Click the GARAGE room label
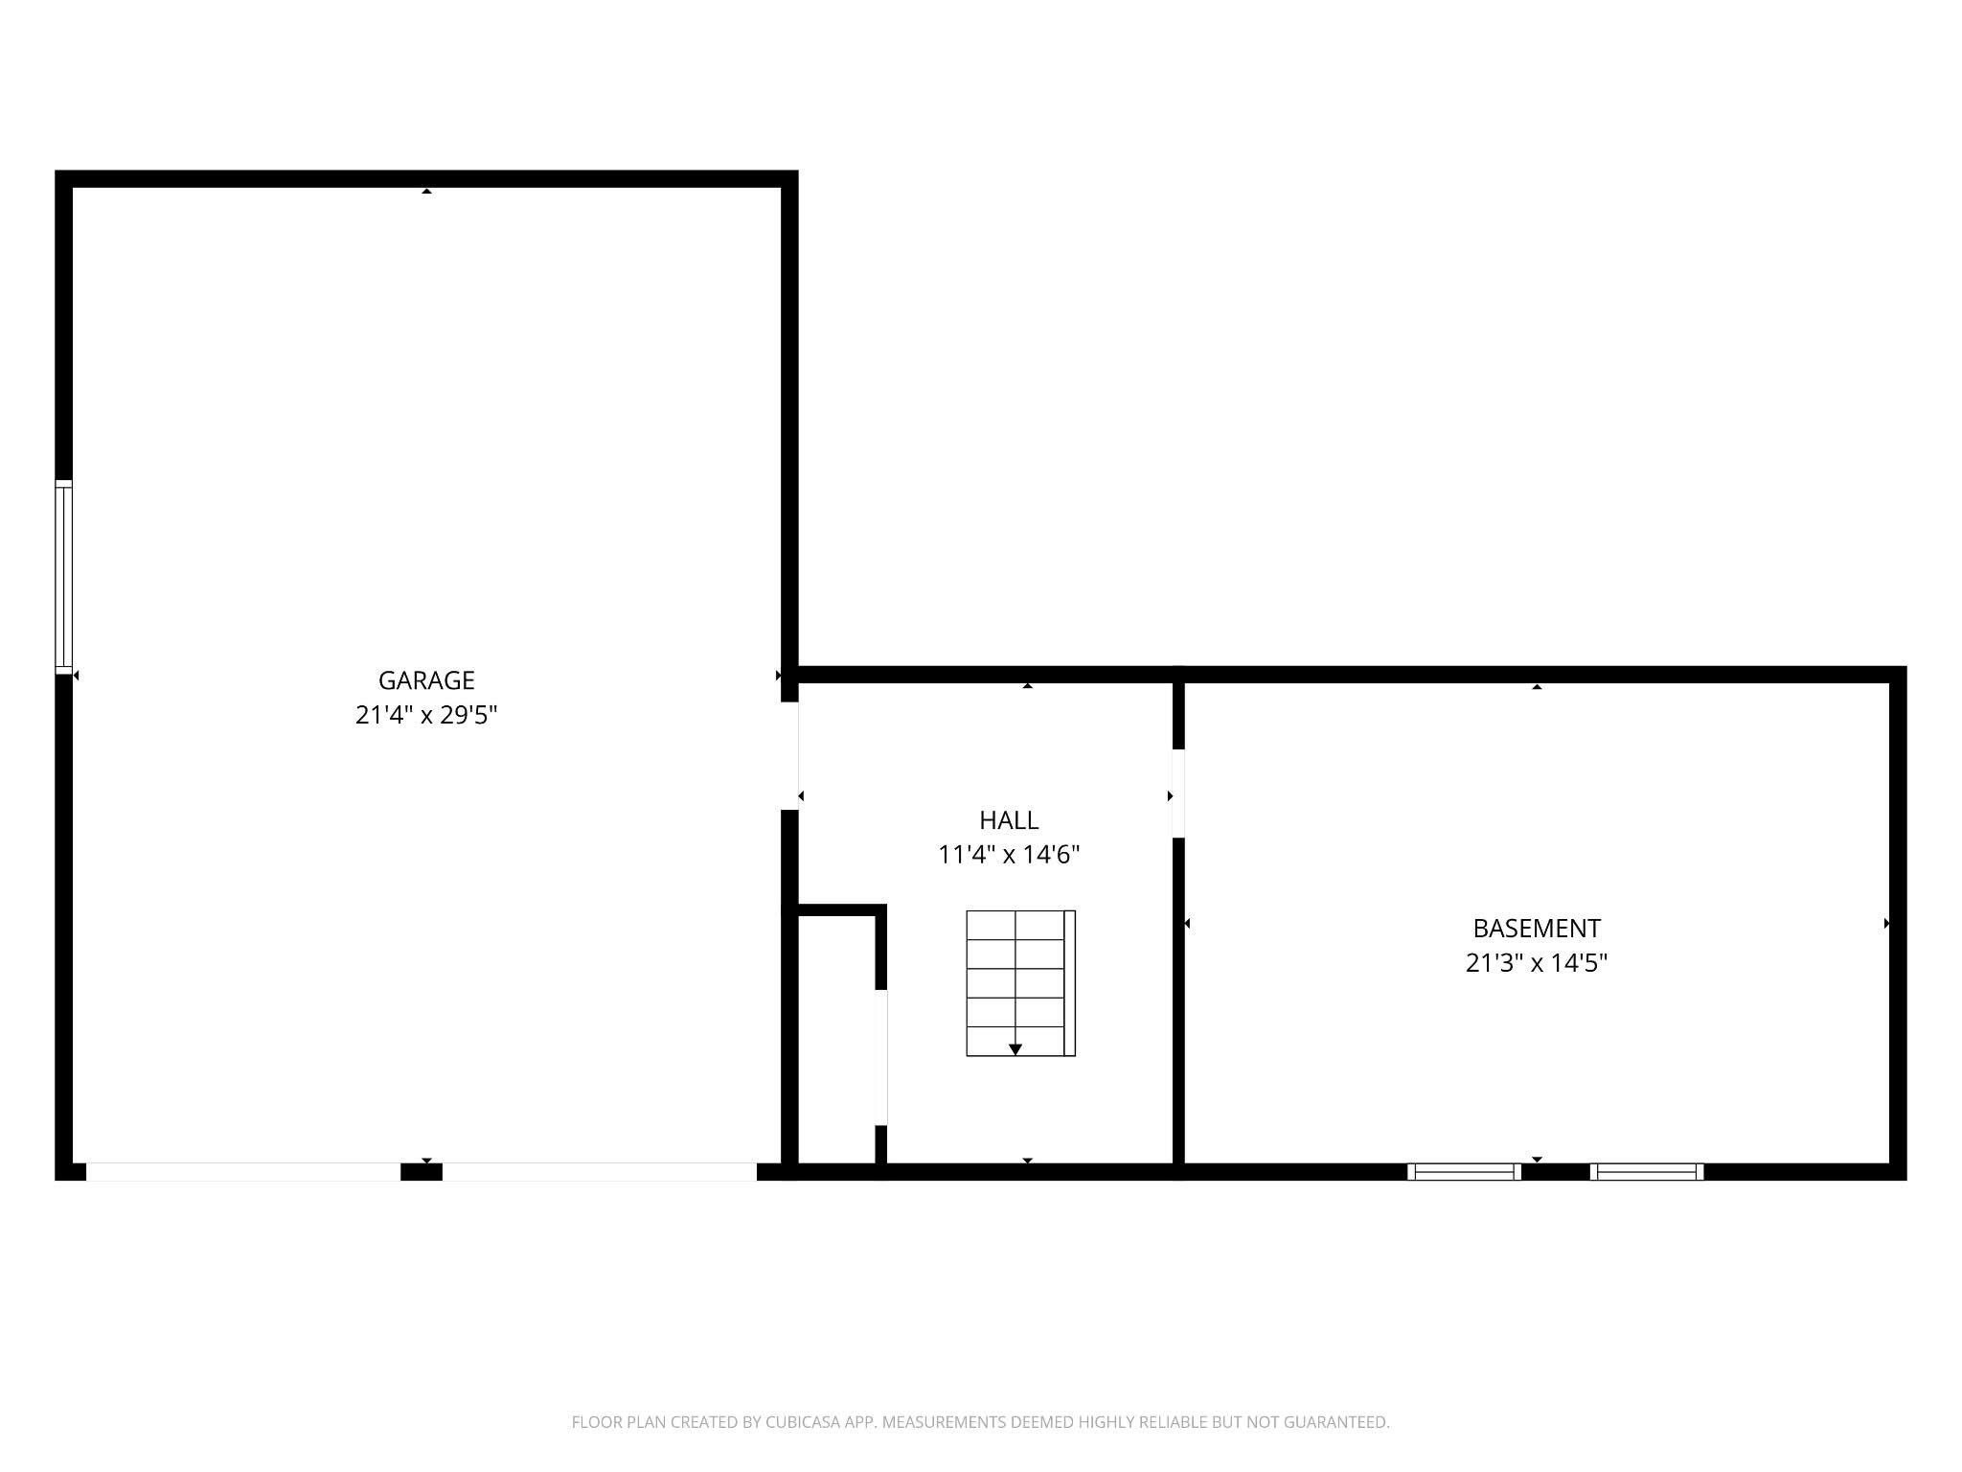(x=426, y=680)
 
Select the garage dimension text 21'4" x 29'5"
(x=426, y=715)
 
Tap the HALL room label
(x=1009, y=820)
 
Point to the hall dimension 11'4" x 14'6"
(x=1009, y=855)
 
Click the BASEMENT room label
(x=1536, y=929)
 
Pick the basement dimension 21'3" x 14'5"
(x=1536, y=963)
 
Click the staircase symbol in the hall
(x=1019, y=983)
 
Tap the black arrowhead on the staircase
(x=1015, y=1049)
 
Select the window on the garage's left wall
(x=63, y=577)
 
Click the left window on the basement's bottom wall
(x=1463, y=1171)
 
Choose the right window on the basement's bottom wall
(x=1646, y=1171)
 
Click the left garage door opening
(x=243, y=1171)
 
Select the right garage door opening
(x=599, y=1171)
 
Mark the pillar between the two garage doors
(x=421, y=1171)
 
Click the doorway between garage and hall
(x=789, y=756)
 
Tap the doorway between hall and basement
(x=1178, y=793)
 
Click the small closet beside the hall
(x=836, y=1040)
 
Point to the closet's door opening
(x=880, y=1057)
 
